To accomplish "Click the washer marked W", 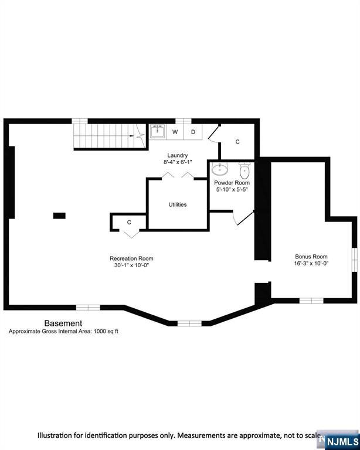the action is [x=175, y=132].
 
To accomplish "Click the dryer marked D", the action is [x=193, y=132].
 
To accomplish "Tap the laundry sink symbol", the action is [x=157, y=131].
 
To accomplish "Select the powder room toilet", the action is [x=244, y=171].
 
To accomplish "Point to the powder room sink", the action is [x=220, y=169].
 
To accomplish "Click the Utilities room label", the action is [x=178, y=204].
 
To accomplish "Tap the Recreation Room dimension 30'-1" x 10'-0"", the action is [x=131, y=265].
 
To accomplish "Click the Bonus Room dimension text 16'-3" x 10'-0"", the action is [x=311, y=264].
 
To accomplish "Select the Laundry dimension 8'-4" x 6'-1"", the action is [x=178, y=162].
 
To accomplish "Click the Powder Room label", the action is [x=232, y=183].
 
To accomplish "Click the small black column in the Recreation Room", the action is [x=59, y=216].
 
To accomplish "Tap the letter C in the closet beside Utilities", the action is [x=129, y=223].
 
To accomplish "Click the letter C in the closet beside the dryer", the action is [x=237, y=142].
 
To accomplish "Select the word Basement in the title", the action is [x=63, y=323].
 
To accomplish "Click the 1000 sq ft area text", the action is [x=106, y=332].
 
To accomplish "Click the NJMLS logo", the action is [x=343, y=441].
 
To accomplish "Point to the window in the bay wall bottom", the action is [x=189, y=323].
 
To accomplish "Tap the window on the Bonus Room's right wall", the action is [x=355, y=260].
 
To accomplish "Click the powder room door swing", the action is [x=243, y=219].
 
